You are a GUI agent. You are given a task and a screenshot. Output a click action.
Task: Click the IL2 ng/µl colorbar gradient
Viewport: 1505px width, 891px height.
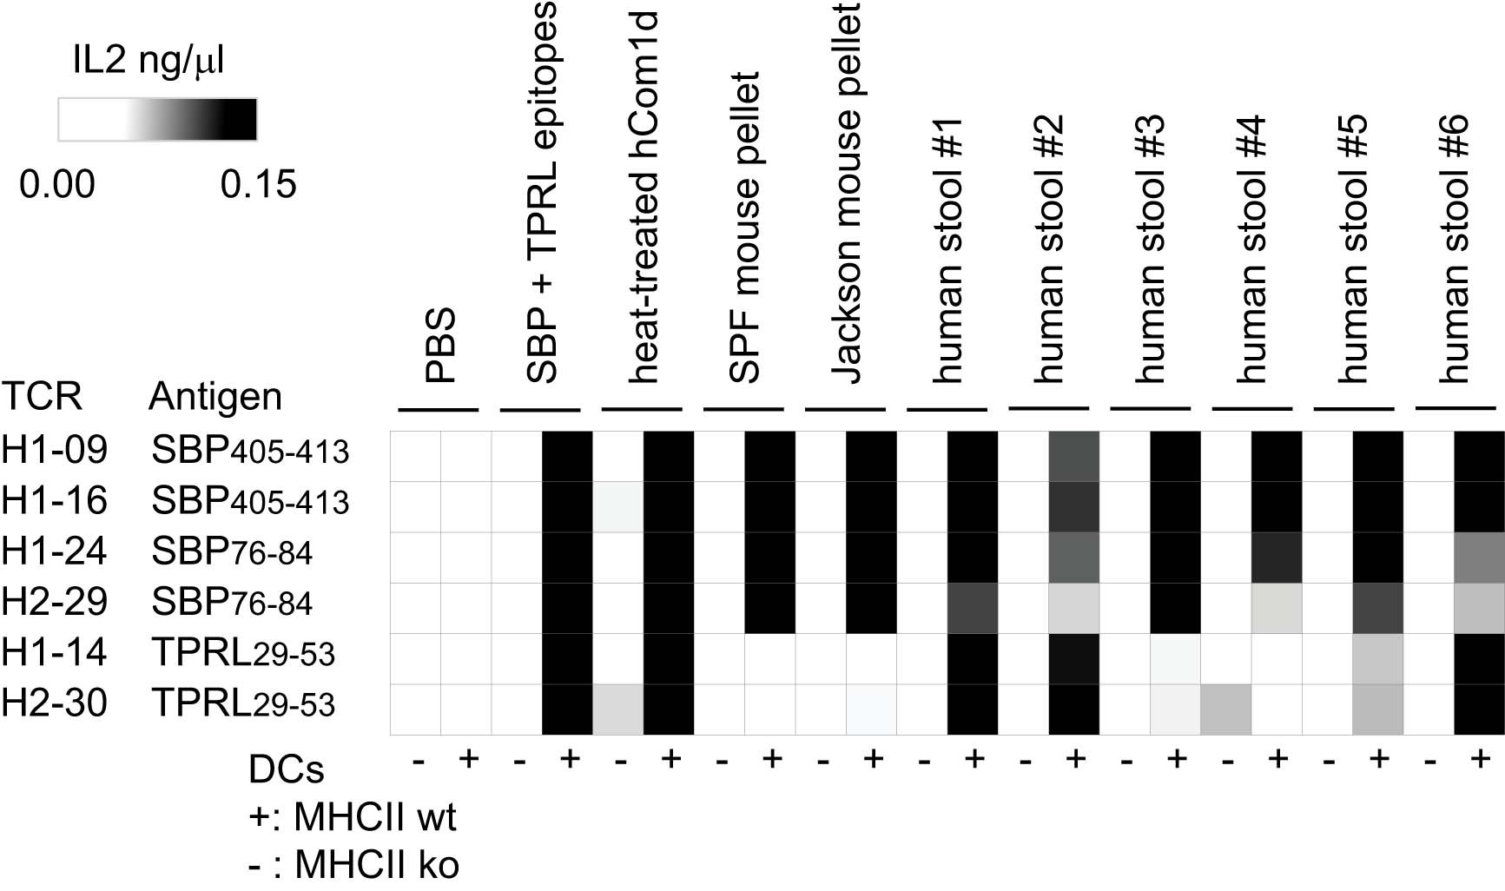click(x=157, y=119)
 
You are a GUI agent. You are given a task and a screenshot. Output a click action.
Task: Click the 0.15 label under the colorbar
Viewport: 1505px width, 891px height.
click(x=258, y=184)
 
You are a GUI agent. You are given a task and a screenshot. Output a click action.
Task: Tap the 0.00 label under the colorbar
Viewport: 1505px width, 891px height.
click(x=57, y=184)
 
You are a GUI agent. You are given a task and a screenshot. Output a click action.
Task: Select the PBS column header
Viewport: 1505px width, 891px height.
click(x=440, y=345)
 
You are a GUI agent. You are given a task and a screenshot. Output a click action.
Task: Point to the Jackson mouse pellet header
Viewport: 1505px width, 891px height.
click(x=848, y=193)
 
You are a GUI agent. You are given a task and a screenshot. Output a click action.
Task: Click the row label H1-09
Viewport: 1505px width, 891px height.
click(x=55, y=450)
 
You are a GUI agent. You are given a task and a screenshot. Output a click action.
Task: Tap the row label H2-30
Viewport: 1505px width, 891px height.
click(x=55, y=703)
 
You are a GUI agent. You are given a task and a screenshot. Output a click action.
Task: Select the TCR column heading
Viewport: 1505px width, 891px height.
click(x=42, y=397)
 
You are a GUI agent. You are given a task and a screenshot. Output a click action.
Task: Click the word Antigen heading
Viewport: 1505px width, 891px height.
click(x=215, y=397)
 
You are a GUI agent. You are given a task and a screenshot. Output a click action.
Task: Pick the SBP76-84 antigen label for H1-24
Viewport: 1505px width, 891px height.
click(x=232, y=551)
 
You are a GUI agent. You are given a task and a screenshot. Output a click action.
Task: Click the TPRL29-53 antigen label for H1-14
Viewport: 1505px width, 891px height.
click(x=243, y=653)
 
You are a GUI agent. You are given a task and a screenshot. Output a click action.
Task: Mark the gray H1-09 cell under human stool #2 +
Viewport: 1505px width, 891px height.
click(x=1074, y=456)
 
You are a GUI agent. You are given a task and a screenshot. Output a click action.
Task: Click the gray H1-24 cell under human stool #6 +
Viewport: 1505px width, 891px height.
click(x=1480, y=558)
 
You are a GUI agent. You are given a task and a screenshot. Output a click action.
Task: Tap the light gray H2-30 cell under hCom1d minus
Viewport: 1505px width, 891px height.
click(x=618, y=709)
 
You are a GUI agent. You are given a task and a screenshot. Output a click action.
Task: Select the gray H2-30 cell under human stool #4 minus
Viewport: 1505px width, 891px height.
click(x=1226, y=709)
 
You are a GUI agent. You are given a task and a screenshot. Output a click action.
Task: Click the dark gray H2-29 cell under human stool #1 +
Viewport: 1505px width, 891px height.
click(x=973, y=608)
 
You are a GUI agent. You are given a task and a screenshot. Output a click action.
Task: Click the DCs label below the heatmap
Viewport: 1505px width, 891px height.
click(x=286, y=769)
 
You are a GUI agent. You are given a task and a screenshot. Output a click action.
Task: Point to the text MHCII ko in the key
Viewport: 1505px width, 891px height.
click(x=376, y=864)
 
